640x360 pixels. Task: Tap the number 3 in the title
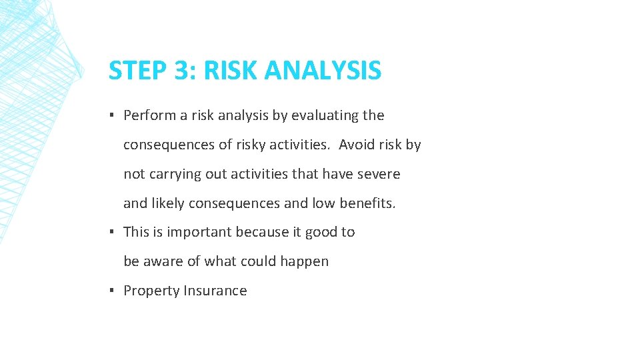179,71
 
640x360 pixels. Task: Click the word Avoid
357,145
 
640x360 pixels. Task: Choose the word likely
169,203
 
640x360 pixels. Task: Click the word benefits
367,203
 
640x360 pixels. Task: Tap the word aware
164,261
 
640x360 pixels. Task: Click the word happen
305,262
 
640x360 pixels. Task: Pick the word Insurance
215,291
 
